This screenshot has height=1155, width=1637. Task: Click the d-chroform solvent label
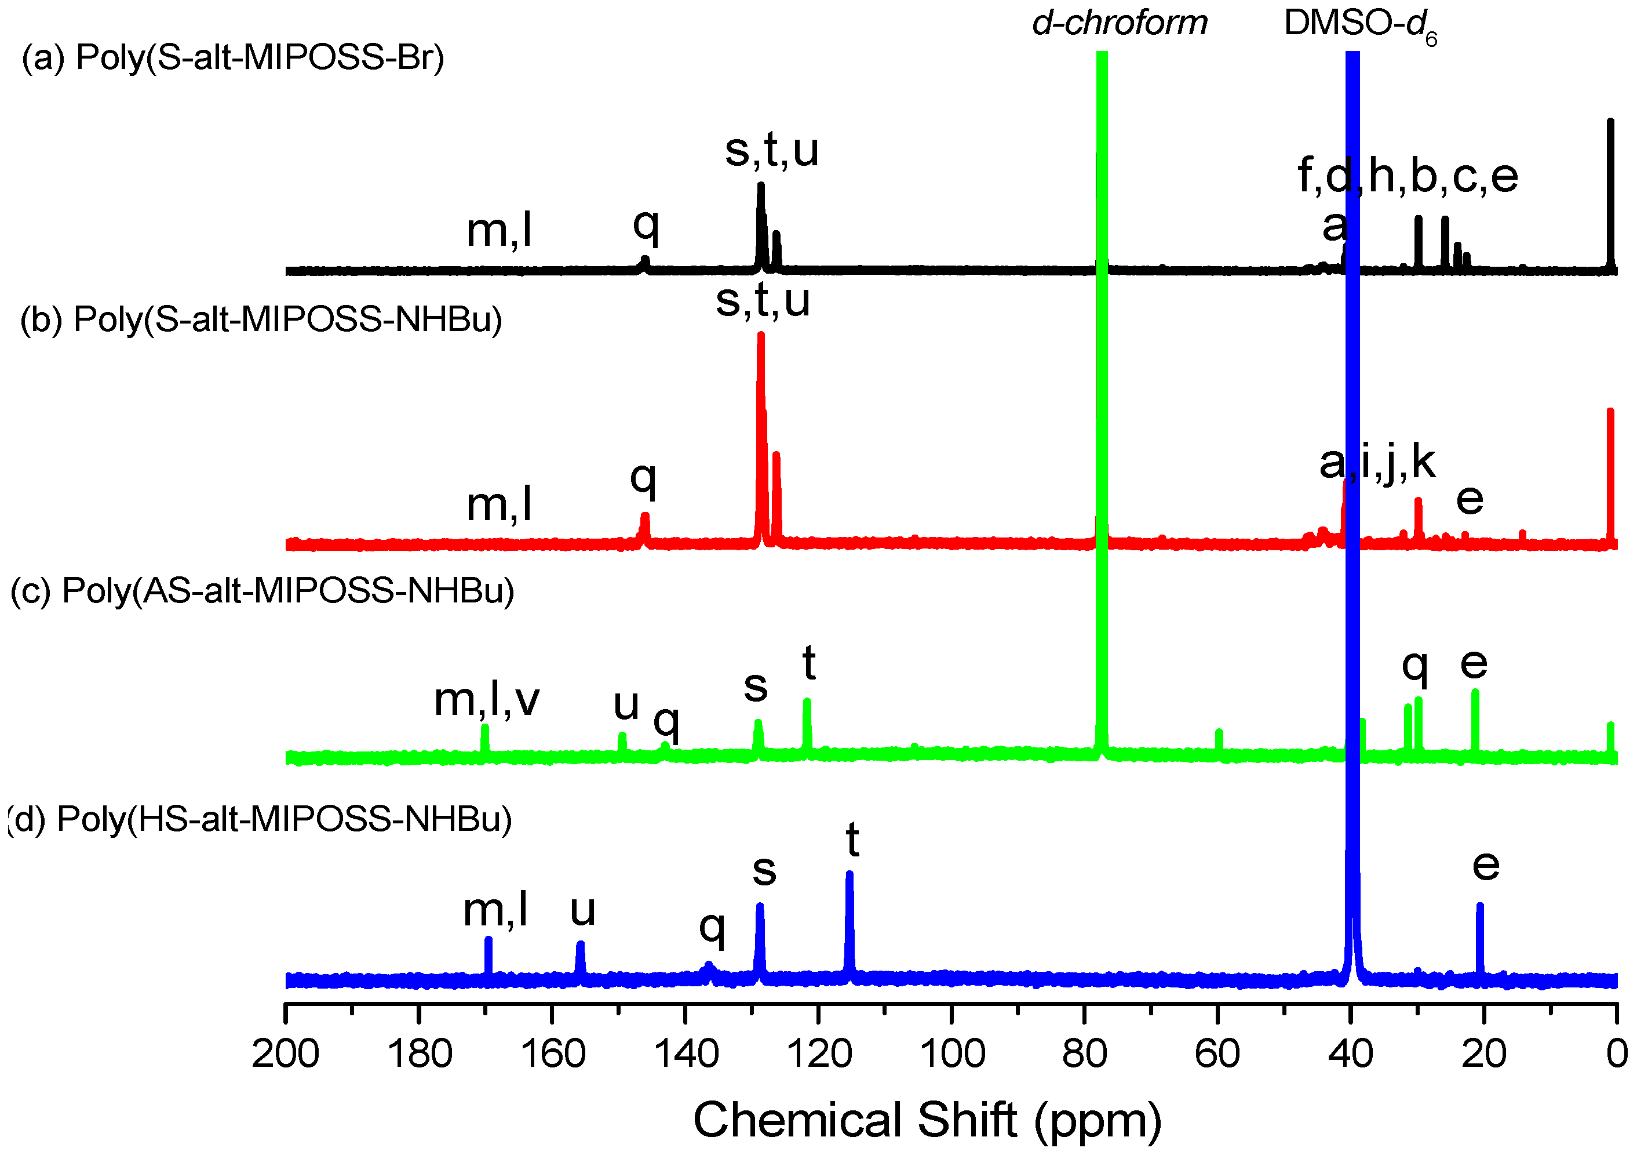pos(1120,24)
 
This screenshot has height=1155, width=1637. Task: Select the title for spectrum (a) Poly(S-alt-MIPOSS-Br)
pos(233,57)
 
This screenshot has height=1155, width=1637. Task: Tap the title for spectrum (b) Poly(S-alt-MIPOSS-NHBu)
pos(261,319)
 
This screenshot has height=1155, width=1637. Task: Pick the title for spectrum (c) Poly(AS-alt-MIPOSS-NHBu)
pos(262,591)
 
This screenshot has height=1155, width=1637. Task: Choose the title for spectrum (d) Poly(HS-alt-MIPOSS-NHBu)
pos(260,819)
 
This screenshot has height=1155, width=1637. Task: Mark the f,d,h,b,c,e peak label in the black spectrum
pos(1408,176)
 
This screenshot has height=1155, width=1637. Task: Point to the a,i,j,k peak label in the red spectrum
pos(1377,462)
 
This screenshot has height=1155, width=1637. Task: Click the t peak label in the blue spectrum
pos(852,840)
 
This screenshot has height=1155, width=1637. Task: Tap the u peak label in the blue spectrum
pos(582,910)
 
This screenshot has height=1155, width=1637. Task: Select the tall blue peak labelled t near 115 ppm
pos(849,920)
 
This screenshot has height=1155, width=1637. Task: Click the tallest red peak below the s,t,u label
pos(761,428)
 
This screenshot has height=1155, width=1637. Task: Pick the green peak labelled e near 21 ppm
pos(1475,721)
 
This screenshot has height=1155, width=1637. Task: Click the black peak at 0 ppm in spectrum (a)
pos(1610,192)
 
